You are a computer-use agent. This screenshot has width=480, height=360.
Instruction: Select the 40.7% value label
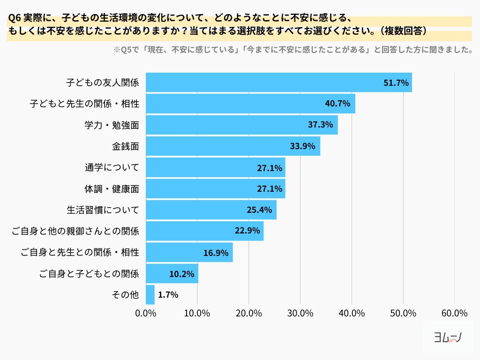(337, 104)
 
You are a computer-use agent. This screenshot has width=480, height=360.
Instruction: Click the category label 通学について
(112, 167)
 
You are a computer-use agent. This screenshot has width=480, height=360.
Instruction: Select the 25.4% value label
(259, 210)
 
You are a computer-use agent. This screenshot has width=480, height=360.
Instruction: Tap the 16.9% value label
(216, 253)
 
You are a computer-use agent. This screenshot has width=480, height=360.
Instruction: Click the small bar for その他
(150, 295)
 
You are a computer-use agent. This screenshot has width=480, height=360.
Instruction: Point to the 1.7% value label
(168, 295)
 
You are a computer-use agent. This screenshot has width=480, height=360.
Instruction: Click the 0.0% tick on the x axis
(146, 313)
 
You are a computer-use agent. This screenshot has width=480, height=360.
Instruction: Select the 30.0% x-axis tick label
(300, 313)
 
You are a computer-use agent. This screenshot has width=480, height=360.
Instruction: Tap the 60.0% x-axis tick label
(454, 313)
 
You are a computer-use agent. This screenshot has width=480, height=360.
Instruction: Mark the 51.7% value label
(397, 82)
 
